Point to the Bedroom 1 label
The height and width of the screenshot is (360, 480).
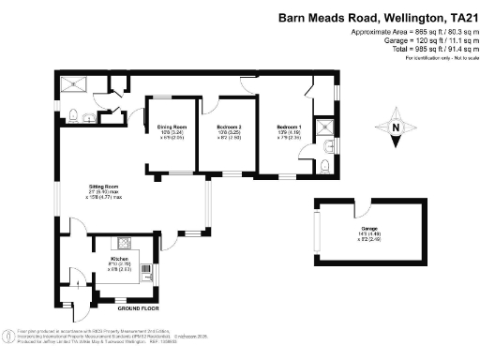[x=289, y=127]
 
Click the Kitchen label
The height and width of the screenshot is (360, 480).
[x=119, y=258]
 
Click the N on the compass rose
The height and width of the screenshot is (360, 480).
[x=396, y=128]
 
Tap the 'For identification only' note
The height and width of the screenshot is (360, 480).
[x=436, y=58]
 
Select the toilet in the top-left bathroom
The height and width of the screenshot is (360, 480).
[x=75, y=115]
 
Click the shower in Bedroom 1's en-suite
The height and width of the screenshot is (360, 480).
[x=324, y=128]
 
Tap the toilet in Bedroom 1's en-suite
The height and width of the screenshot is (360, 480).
[x=322, y=164]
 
